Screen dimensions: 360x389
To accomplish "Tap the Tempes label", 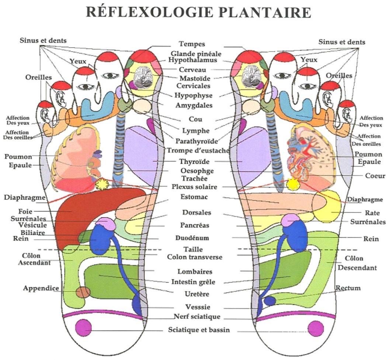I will (192, 44).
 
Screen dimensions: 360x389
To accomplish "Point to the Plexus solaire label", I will (194, 187).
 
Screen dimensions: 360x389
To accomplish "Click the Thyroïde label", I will (194, 162).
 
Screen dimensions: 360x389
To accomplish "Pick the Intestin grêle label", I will (193, 282).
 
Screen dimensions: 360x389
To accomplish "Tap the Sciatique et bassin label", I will (199, 330).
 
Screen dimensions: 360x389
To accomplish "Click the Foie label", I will (25, 212).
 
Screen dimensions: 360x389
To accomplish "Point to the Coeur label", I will (372, 176).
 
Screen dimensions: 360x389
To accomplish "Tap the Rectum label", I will (348, 288).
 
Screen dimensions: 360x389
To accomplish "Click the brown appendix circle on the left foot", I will (83, 292).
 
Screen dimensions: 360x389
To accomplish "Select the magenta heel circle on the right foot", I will (316, 328).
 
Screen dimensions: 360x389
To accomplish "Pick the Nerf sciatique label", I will (197, 317).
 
